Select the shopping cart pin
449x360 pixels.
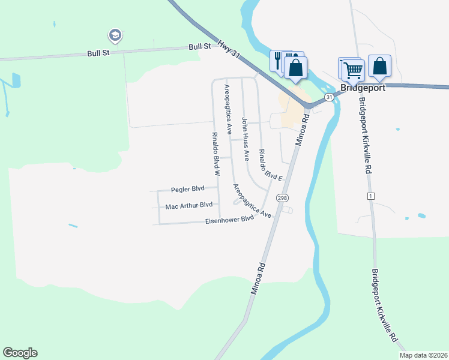(352, 69)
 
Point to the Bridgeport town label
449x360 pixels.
(363, 88)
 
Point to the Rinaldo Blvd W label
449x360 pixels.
(214, 152)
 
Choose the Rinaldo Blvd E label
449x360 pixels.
(270, 164)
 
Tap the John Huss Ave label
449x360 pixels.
(245, 139)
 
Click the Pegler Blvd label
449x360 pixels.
(188, 189)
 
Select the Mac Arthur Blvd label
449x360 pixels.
(189, 205)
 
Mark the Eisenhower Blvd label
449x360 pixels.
(230, 220)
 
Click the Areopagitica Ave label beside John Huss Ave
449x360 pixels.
(228, 109)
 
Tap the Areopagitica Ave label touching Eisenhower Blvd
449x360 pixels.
(253, 201)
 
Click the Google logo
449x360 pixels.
(20, 353)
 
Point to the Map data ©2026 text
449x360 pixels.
(424, 355)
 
